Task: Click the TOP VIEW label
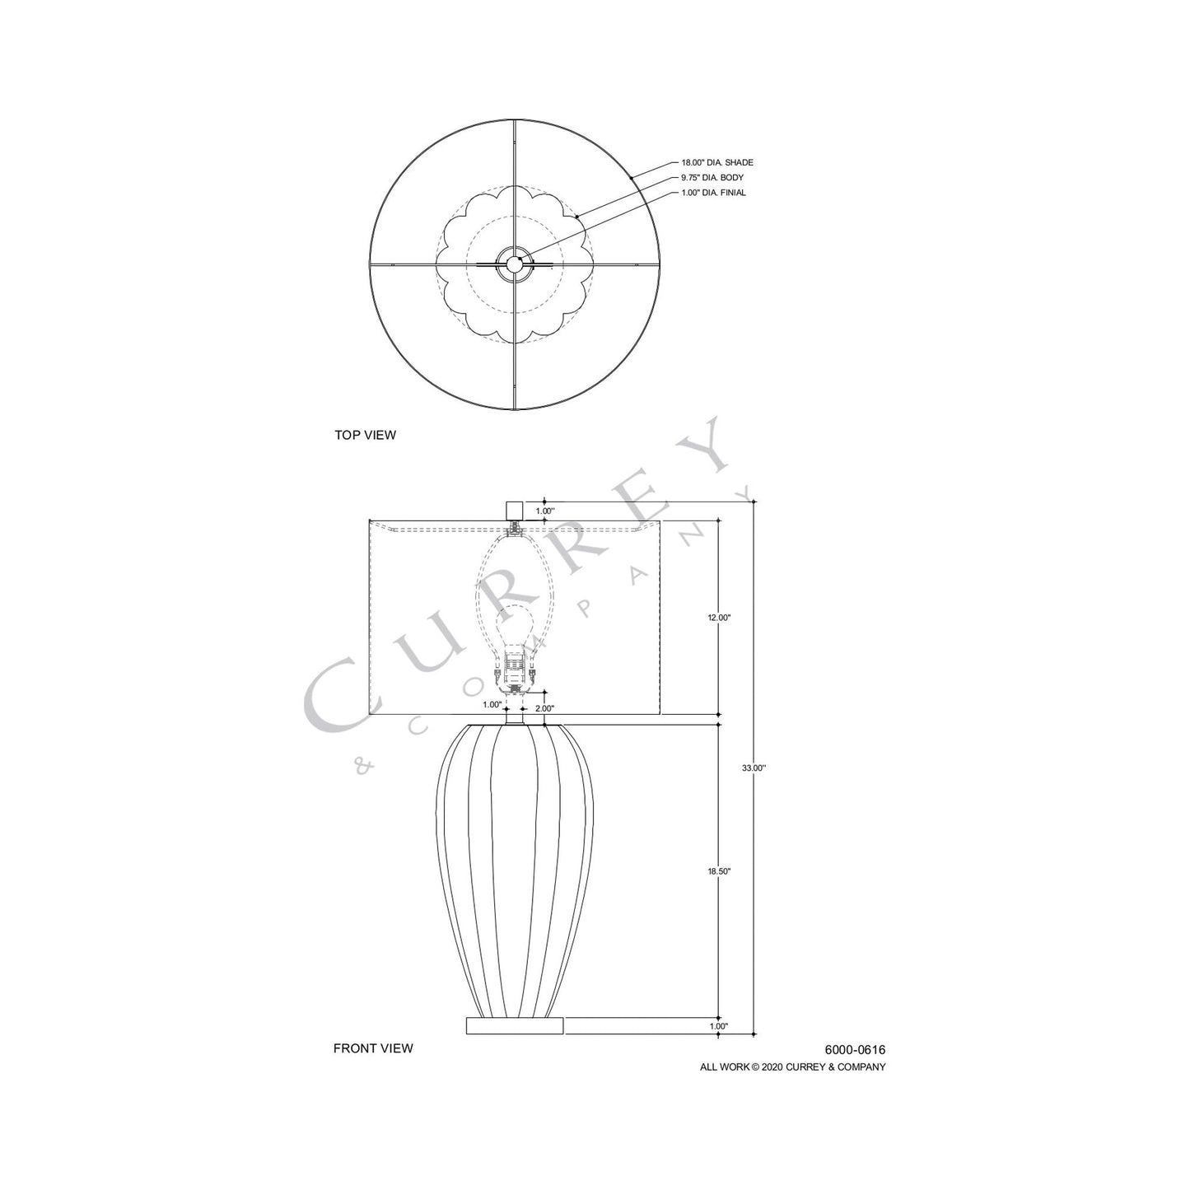pyautogui.click(x=365, y=435)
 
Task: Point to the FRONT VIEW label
pyautogui.click(x=373, y=1048)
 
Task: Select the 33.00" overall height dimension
pyautogui.click(x=754, y=768)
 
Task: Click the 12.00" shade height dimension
pyautogui.click(x=719, y=618)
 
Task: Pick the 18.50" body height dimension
pyautogui.click(x=719, y=871)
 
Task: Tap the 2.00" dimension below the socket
pyautogui.click(x=544, y=707)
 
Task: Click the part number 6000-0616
pyautogui.click(x=855, y=1050)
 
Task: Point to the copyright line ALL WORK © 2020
pyautogui.click(x=792, y=1067)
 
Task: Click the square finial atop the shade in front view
pyautogui.click(x=515, y=510)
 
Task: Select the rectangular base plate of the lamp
pyautogui.click(x=515, y=1025)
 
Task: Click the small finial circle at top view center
pyautogui.click(x=515, y=264)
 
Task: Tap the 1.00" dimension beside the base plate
pyautogui.click(x=718, y=1026)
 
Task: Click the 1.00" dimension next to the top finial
pyautogui.click(x=545, y=511)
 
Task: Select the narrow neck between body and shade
pyautogui.click(x=515, y=717)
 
